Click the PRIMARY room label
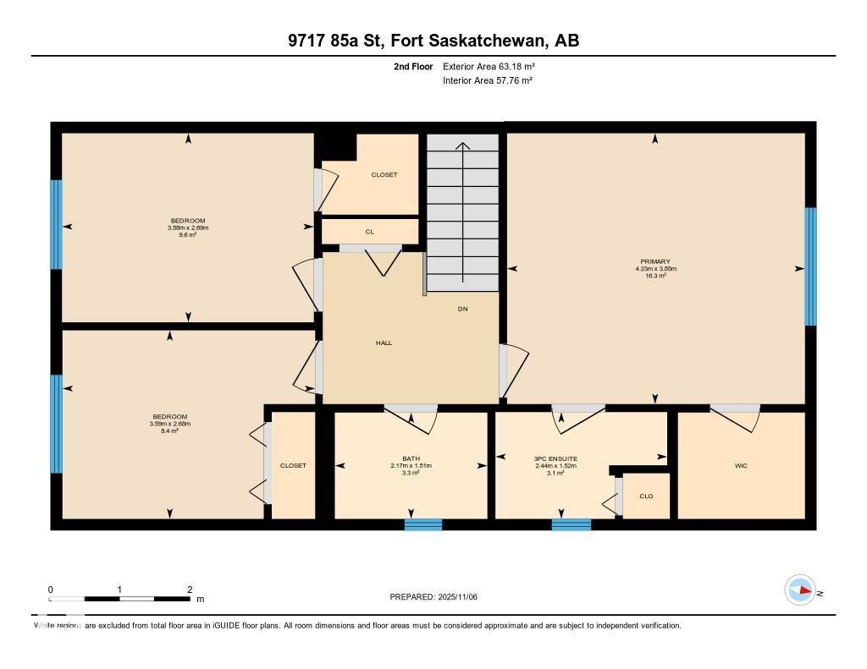click(655, 262)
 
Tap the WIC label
click(741, 465)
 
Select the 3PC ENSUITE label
click(555, 458)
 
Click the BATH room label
click(411, 458)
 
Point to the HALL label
click(384, 343)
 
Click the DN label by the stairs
click(462, 309)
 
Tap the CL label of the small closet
click(370, 231)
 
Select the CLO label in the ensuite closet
click(646, 496)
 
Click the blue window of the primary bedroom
click(810, 266)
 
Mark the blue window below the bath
click(422, 524)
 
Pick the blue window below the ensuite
click(572, 524)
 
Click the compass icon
click(799, 590)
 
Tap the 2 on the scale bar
click(190, 589)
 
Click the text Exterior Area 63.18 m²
click(489, 66)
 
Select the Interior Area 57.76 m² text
click(488, 81)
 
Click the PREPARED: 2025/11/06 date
click(433, 597)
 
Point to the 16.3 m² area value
click(655, 276)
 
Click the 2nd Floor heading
click(413, 66)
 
